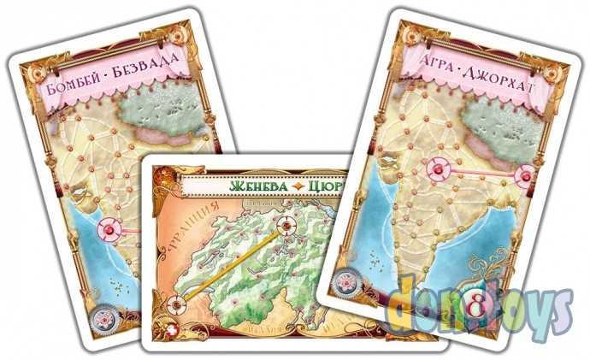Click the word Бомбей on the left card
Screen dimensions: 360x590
70,86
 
